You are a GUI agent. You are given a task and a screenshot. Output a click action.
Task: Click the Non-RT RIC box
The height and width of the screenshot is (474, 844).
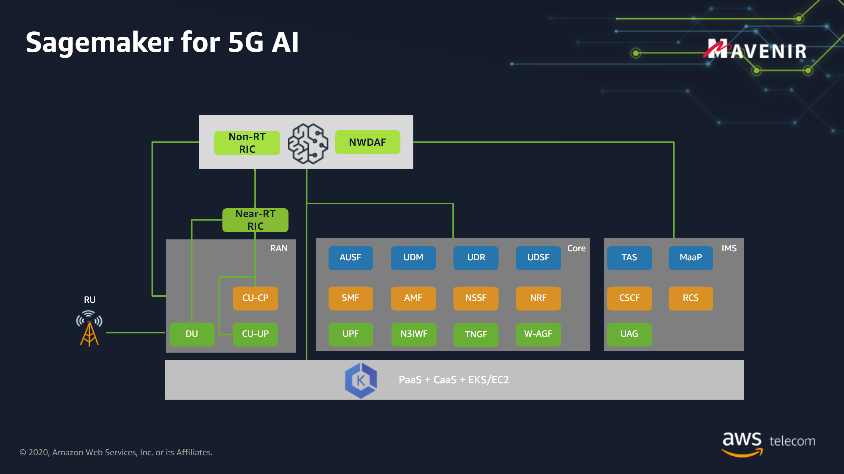pos(247,143)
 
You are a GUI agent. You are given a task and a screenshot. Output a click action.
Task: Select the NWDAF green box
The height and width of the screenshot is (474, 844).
pos(367,142)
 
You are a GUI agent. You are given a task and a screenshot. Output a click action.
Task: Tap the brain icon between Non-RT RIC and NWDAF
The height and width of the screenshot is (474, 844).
pos(308,144)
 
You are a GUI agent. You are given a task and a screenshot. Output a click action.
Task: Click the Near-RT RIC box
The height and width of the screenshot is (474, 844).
pos(255,220)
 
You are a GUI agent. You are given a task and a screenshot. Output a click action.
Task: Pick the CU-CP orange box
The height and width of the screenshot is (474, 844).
pos(255,298)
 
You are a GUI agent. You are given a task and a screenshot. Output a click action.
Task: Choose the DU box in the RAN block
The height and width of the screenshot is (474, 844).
pos(192,334)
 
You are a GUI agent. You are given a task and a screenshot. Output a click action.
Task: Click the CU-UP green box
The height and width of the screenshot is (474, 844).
pos(255,334)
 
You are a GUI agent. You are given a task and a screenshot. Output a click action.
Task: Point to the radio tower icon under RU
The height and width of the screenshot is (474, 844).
pos(89,328)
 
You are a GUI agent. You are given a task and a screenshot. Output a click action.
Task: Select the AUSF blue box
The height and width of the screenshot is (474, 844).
pos(350,258)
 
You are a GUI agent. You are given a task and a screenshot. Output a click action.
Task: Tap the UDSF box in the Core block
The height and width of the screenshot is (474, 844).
pos(538,258)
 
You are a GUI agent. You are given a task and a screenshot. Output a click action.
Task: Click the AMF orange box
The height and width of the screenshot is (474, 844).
pos(413,298)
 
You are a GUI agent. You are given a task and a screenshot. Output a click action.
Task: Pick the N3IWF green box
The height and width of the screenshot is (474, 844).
pos(414,334)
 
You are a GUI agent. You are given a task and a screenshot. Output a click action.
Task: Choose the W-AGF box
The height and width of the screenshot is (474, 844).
pos(538,334)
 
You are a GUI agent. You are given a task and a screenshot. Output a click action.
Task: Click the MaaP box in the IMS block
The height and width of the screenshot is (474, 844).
pos(690,258)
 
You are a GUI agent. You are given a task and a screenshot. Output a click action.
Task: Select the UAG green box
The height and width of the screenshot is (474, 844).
pos(629,334)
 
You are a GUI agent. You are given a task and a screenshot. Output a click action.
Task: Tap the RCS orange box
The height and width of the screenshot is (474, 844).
pos(690,298)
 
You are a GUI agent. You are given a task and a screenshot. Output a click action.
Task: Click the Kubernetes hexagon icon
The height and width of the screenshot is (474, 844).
pos(361,381)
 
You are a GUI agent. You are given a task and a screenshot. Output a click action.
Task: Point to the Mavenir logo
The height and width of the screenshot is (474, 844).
pos(755,49)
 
